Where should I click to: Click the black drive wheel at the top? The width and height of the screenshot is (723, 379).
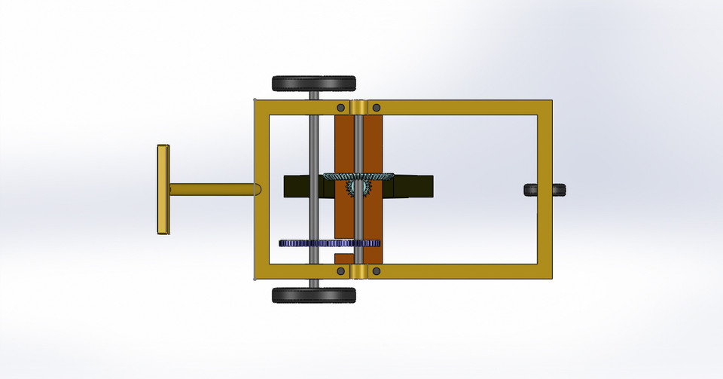tap(314, 83)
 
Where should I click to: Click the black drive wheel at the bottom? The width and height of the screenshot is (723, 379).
tap(314, 295)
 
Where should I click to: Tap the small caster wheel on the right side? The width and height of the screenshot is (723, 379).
tap(545, 190)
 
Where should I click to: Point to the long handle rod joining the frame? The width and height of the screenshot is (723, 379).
tap(211, 188)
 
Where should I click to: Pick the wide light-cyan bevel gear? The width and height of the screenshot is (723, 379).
tap(358, 177)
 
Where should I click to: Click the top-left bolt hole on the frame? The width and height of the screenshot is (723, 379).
tap(340, 107)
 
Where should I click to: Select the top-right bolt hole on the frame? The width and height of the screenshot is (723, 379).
tap(377, 107)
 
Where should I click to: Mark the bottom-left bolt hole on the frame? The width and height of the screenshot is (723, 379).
tap(340, 270)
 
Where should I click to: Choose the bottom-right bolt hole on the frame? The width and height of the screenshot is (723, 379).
tap(377, 270)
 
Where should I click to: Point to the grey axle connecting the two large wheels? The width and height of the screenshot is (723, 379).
tap(313, 151)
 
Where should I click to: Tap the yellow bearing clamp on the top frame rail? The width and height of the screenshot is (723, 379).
tap(358, 107)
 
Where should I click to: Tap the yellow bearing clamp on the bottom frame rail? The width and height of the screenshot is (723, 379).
tap(358, 270)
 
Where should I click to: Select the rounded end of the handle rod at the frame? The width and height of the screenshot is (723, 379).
tap(258, 188)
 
